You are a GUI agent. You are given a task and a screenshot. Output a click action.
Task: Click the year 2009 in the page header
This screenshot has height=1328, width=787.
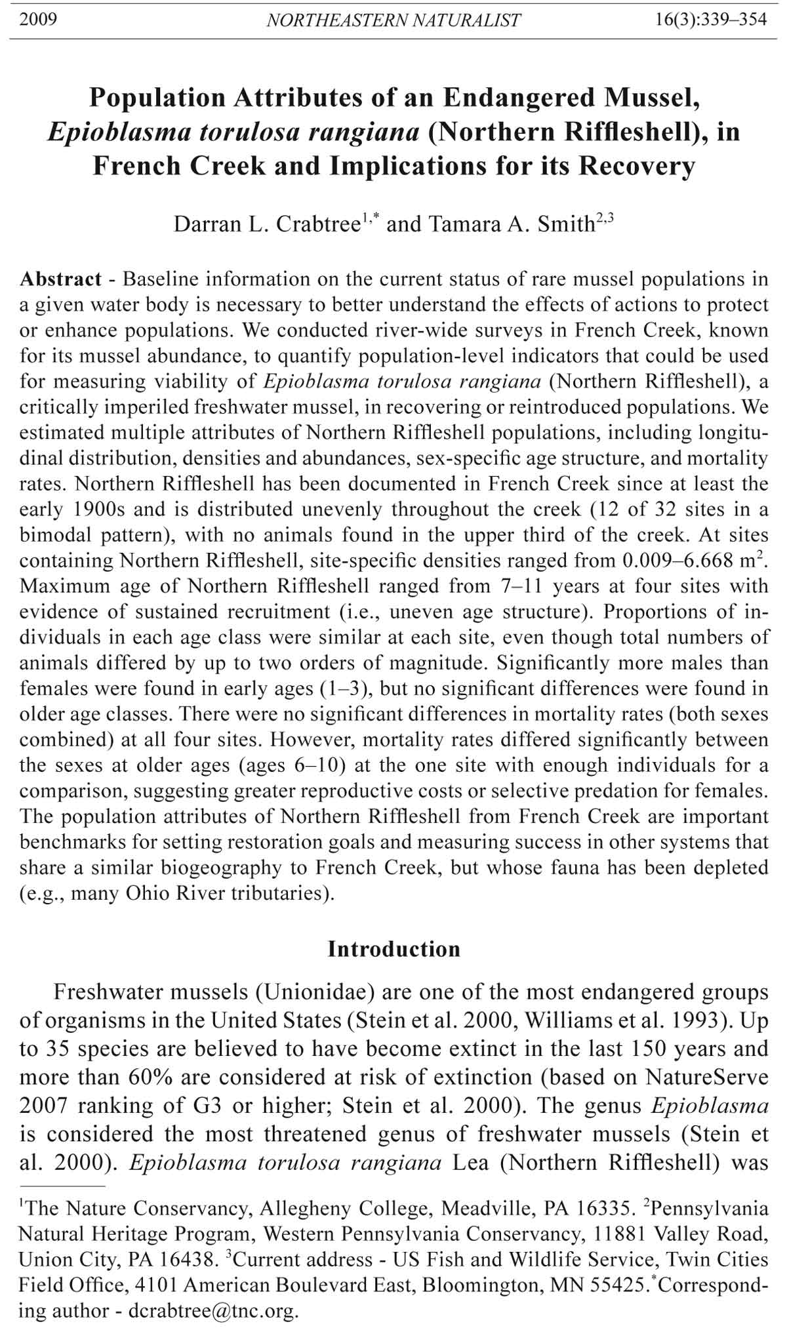click(38, 20)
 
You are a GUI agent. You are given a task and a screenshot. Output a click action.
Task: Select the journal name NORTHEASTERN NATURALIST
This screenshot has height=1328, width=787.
click(393, 20)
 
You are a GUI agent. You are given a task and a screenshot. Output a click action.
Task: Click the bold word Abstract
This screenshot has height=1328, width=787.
click(60, 279)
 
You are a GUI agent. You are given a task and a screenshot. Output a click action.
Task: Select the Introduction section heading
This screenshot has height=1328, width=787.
click(393, 949)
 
